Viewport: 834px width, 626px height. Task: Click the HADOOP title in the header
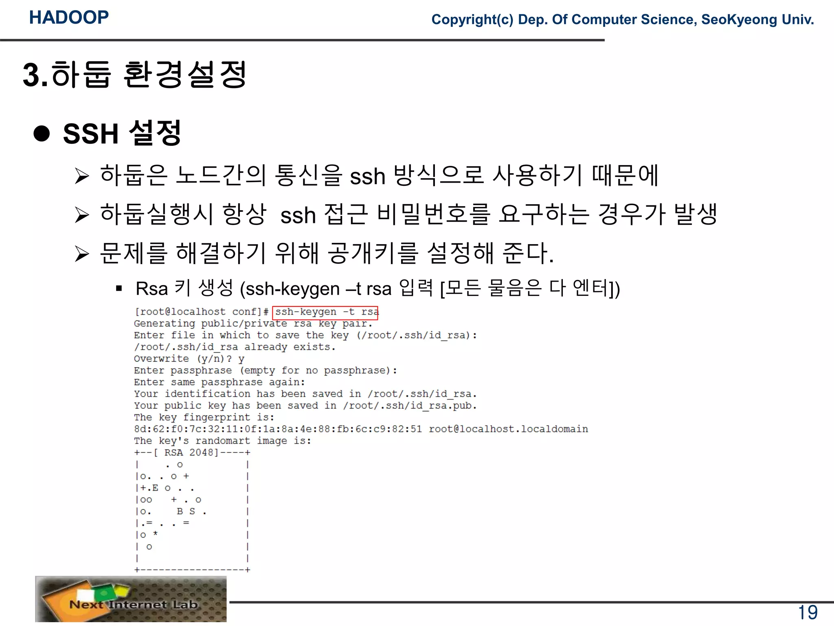point(69,18)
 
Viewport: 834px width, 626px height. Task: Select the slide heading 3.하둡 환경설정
point(134,75)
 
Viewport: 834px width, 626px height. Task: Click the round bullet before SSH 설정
point(42,133)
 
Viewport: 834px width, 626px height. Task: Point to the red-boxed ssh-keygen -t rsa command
point(325,313)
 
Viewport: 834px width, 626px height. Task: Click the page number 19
point(808,613)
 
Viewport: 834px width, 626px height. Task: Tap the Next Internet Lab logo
point(131,599)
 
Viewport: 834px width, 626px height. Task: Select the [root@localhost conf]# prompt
point(201,312)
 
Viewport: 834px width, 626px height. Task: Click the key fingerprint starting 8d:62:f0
point(278,429)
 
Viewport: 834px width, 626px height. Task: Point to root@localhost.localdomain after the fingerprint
point(508,429)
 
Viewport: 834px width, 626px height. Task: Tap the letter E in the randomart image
point(155,488)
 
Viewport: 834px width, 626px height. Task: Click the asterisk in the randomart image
point(155,534)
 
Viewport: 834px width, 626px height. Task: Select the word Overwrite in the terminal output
point(161,359)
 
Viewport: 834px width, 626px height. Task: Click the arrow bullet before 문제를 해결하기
point(82,254)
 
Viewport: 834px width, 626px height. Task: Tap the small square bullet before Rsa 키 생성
point(119,289)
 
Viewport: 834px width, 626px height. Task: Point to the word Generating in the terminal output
point(165,324)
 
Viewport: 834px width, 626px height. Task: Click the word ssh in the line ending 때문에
point(367,177)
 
